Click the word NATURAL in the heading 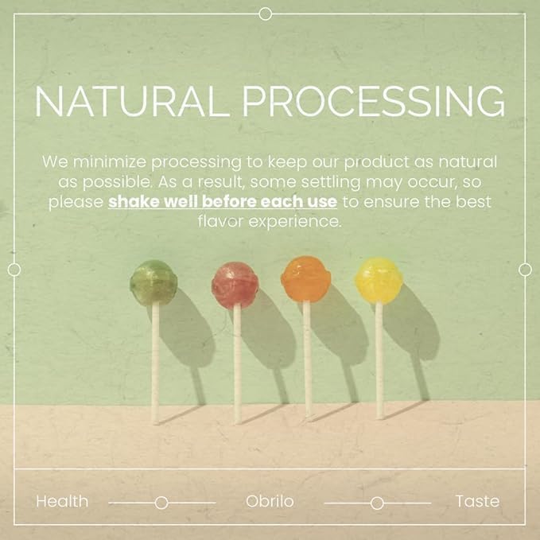[x=132, y=101]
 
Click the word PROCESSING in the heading [x=374, y=101]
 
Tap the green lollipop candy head [x=153, y=282]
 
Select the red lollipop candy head [x=235, y=286]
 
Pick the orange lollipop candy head [x=306, y=278]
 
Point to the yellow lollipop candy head [x=379, y=280]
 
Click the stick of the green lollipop [x=155, y=363]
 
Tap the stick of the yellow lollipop [x=379, y=360]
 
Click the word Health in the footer [x=62, y=501]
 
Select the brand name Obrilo [x=270, y=501]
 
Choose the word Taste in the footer [x=477, y=501]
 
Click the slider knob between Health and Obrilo [x=161, y=503]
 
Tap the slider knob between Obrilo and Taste [x=377, y=503]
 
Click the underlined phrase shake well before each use [x=223, y=202]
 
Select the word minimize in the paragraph [x=110, y=161]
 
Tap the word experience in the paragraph [x=295, y=222]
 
